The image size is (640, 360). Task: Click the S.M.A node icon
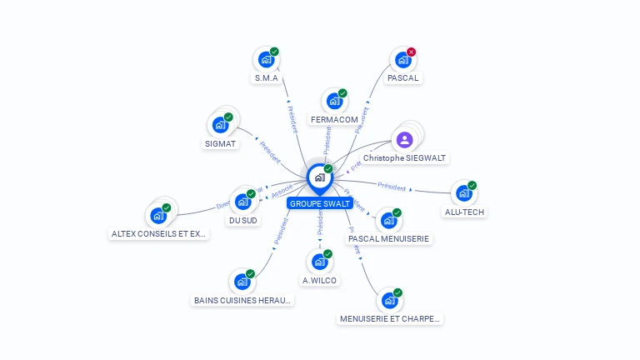[x=266, y=59]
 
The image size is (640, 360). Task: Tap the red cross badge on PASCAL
[x=411, y=52]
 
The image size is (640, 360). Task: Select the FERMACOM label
[x=334, y=119]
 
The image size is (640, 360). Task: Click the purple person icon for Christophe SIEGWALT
[x=404, y=139]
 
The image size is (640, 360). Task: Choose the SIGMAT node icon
[x=220, y=124]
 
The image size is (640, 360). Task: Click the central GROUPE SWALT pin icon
[x=319, y=177]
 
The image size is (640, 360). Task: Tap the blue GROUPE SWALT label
[x=320, y=203]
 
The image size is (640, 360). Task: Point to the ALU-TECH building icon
[x=462, y=193]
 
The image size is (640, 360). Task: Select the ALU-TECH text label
[x=465, y=212]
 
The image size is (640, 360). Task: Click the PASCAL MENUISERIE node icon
[x=387, y=221]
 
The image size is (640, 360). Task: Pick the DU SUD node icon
[x=242, y=202]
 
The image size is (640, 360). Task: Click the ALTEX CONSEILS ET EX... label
[x=159, y=234]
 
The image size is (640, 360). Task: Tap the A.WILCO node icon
[x=318, y=262]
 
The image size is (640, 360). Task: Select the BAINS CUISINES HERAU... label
[x=242, y=300]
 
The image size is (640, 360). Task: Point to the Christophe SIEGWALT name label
[x=404, y=157]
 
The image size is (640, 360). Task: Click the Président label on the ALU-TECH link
[x=392, y=187]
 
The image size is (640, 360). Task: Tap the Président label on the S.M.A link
[x=292, y=119]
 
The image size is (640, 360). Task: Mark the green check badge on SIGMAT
[x=228, y=117]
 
